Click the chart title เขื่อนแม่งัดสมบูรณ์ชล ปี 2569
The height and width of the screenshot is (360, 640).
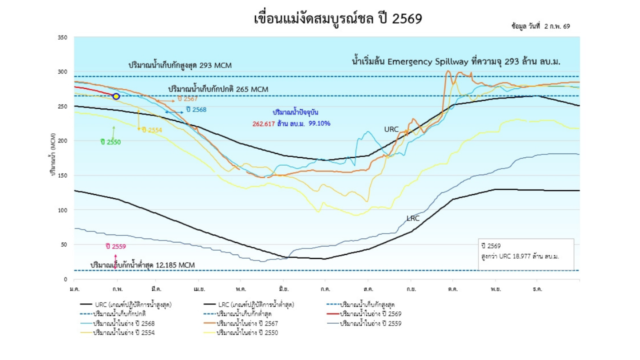(338, 18)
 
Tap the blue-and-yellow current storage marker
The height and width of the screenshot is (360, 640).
(116, 96)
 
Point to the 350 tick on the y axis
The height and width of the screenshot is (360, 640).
(62, 37)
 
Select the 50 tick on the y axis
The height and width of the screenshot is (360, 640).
(64, 244)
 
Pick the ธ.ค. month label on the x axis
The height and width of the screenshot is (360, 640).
(537, 289)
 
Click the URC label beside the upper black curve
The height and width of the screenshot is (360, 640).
(391, 129)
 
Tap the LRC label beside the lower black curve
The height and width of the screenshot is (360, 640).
(413, 218)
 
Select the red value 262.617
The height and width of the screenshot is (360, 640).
(263, 123)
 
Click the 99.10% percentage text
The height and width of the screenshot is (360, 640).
(319, 123)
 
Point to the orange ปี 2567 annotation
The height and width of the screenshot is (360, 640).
(187, 99)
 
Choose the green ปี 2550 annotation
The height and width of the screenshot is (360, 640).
(110, 142)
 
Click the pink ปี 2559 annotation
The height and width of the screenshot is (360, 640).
(115, 246)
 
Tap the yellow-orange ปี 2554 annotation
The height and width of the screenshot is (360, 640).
(151, 130)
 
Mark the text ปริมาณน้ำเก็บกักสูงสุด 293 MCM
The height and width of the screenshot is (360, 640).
(180, 65)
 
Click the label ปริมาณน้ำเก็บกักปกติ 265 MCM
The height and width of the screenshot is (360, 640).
(218, 89)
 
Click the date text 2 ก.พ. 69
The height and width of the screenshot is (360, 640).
(556, 26)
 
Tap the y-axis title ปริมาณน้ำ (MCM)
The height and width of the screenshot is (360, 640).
(53, 155)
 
